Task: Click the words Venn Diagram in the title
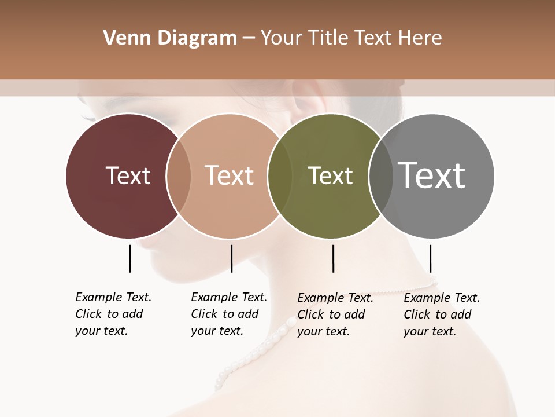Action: click(170, 38)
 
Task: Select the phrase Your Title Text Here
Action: click(351, 38)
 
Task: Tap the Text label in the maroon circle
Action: click(128, 175)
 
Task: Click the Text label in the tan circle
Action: click(229, 175)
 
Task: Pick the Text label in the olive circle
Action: click(330, 175)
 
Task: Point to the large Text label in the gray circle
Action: click(431, 175)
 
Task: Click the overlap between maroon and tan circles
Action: click(179, 175)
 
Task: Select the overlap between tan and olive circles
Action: click(279, 175)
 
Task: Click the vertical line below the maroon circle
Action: click(129, 258)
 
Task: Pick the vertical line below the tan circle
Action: click(231, 258)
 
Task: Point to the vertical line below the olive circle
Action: click(333, 258)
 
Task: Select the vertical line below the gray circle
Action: click(430, 258)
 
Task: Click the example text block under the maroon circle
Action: click(113, 314)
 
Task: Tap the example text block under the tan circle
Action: click(229, 314)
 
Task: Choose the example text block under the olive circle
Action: click(335, 314)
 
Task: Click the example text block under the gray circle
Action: click(442, 314)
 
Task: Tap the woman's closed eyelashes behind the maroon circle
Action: click(88, 118)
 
